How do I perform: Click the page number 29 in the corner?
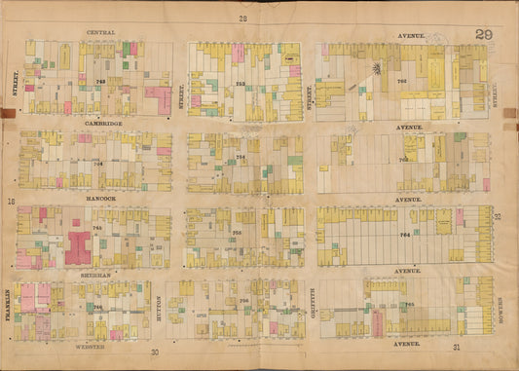[482, 35]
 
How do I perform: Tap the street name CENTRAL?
[101, 32]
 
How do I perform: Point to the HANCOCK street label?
[100, 198]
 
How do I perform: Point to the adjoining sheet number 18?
[12, 203]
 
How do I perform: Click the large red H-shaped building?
[77, 246]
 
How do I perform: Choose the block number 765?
[409, 304]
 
